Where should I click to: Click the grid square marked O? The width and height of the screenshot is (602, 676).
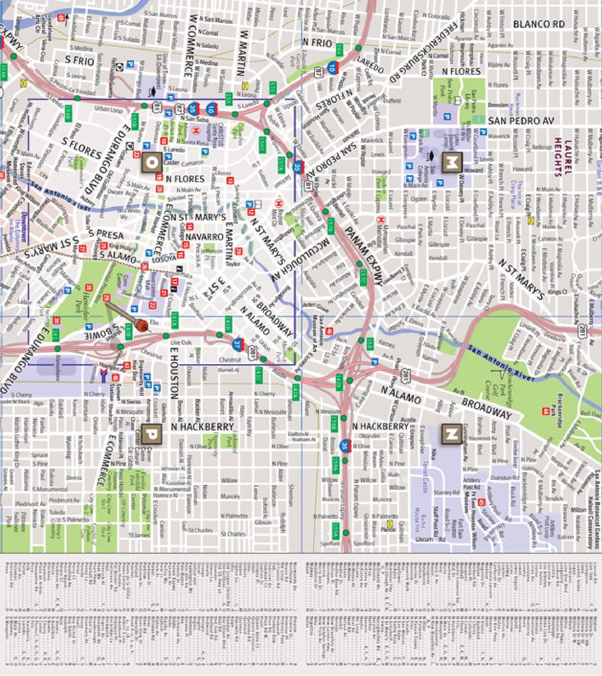(152, 163)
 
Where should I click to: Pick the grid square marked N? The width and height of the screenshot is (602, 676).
(452, 434)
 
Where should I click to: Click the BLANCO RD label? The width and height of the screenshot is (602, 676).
(538, 24)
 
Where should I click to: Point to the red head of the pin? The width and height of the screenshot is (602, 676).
(143, 325)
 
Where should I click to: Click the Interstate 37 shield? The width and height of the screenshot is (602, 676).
(238, 345)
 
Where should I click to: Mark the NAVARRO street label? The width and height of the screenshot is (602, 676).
(204, 237)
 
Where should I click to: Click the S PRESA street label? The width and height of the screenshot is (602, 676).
(106, 234)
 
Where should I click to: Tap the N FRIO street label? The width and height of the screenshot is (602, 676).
(317, 43)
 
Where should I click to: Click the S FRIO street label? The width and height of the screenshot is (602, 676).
(80, 60)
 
